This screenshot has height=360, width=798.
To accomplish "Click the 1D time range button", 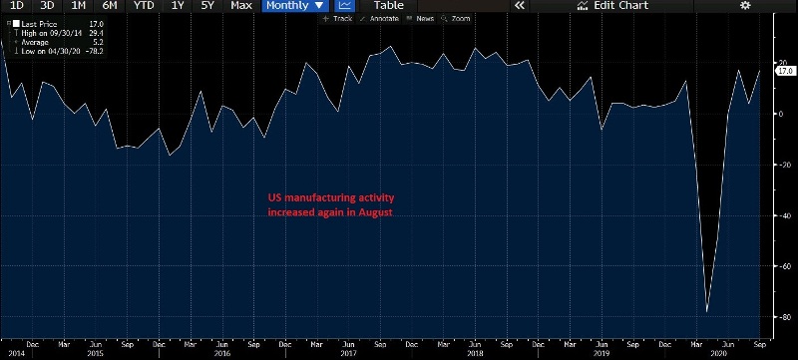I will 17,6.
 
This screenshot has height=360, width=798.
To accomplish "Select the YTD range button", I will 144,6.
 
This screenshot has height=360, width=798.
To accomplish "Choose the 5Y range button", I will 208,6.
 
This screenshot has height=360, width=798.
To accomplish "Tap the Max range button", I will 240,6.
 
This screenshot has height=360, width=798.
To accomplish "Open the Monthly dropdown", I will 294,6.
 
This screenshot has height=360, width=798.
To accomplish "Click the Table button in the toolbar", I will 388,6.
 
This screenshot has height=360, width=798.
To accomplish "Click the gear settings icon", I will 744,6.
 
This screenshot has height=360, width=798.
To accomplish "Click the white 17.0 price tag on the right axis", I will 784,71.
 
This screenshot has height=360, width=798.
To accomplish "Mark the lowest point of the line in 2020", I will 707,312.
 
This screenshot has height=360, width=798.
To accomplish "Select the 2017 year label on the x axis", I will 349,353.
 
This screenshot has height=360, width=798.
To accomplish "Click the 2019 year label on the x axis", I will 601,353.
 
